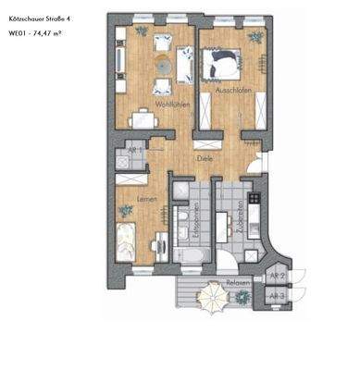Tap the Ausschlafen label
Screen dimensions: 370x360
coord(231,90)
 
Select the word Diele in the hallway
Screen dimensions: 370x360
coord(204,158)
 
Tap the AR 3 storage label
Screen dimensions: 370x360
coord(275,295)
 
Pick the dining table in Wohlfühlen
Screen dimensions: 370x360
coord(143,117)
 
